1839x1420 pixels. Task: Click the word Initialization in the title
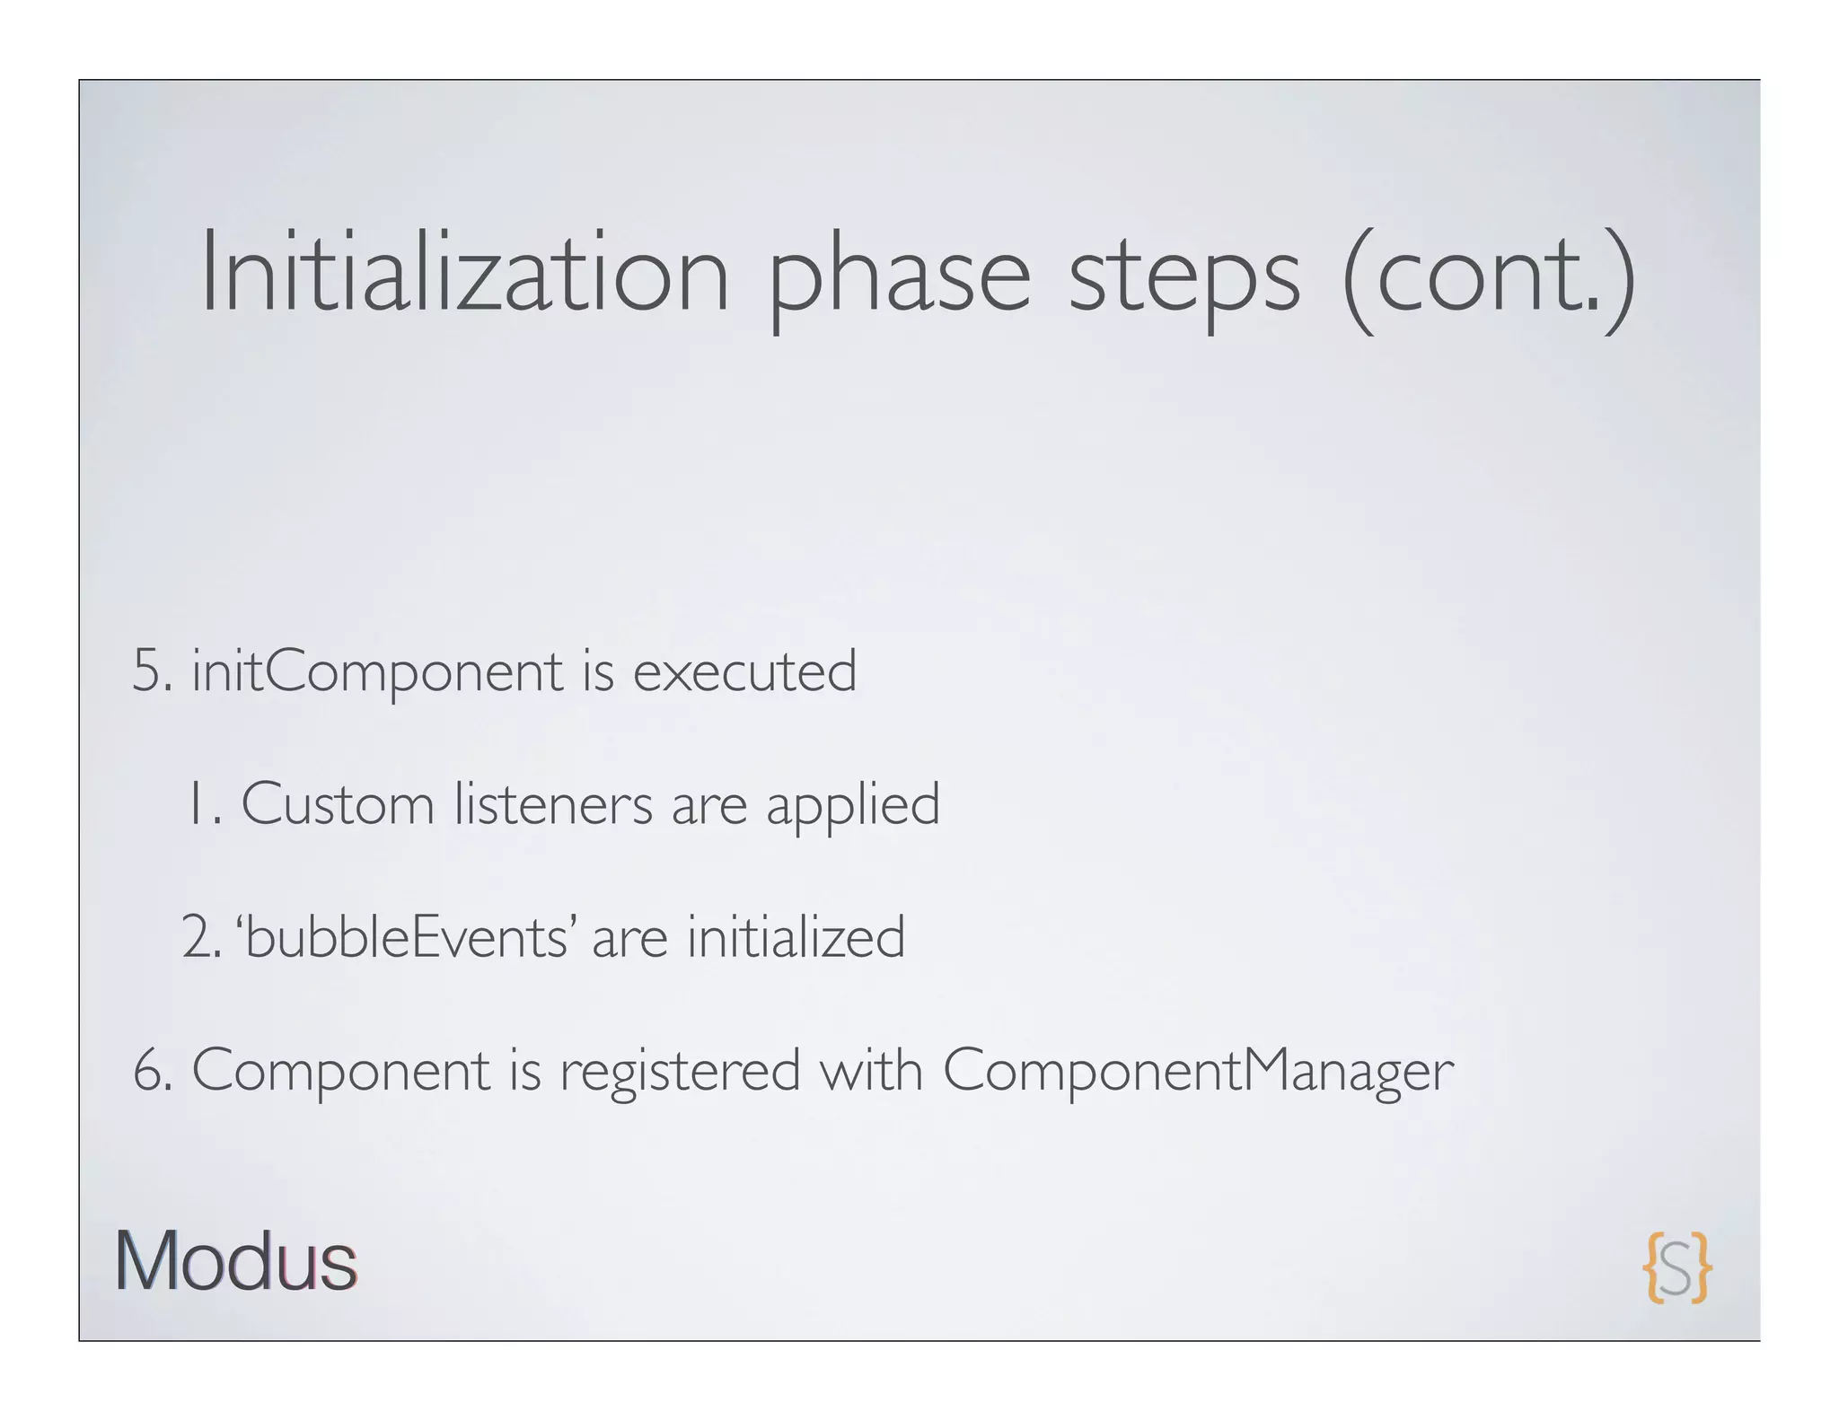click(x=464, y=273)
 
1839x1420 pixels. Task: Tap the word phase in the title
click(x=899, y=278)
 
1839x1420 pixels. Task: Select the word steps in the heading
click(x=1183, y=278)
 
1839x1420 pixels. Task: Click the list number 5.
click(x=151, y=671)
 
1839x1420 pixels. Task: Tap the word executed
click(x=744, y=671)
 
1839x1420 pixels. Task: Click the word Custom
click(x=338, y=803)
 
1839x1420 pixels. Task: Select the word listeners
click(x=553, y=803)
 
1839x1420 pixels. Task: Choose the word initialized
click(x=796, y=936)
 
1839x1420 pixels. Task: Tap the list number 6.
click(x=151, y=1071)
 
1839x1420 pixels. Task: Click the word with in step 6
click(x=870, y=1070)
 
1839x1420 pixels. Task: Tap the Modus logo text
click(x=235, y=1261)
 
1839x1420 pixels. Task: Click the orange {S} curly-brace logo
click(x=1676, y=1267)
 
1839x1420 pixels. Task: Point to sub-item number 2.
click(x=199, y=937)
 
